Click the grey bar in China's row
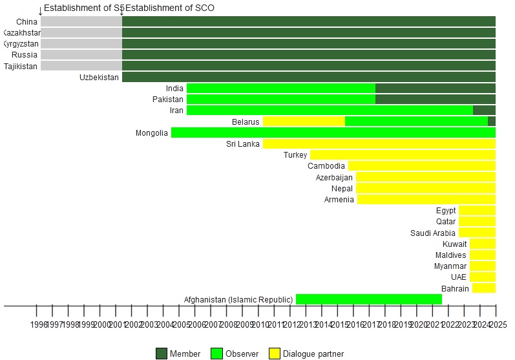point(81,21)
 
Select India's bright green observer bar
point(280,89)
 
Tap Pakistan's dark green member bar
point(435,100)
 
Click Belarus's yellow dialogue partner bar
point(304,122)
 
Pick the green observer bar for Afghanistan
point(368,299)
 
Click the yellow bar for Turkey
point(403,155)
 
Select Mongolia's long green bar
point(333,132)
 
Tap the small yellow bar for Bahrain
point(483,288)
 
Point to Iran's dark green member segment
point(484,111)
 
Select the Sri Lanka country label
point(242,144)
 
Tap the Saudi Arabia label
point(432,233)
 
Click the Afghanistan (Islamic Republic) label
point(238,300)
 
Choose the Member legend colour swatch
point(162,354)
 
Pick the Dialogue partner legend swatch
point(275,354)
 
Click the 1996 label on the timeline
point(39,324)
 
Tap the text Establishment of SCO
point(169,8)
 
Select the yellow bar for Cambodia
point(421,166)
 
